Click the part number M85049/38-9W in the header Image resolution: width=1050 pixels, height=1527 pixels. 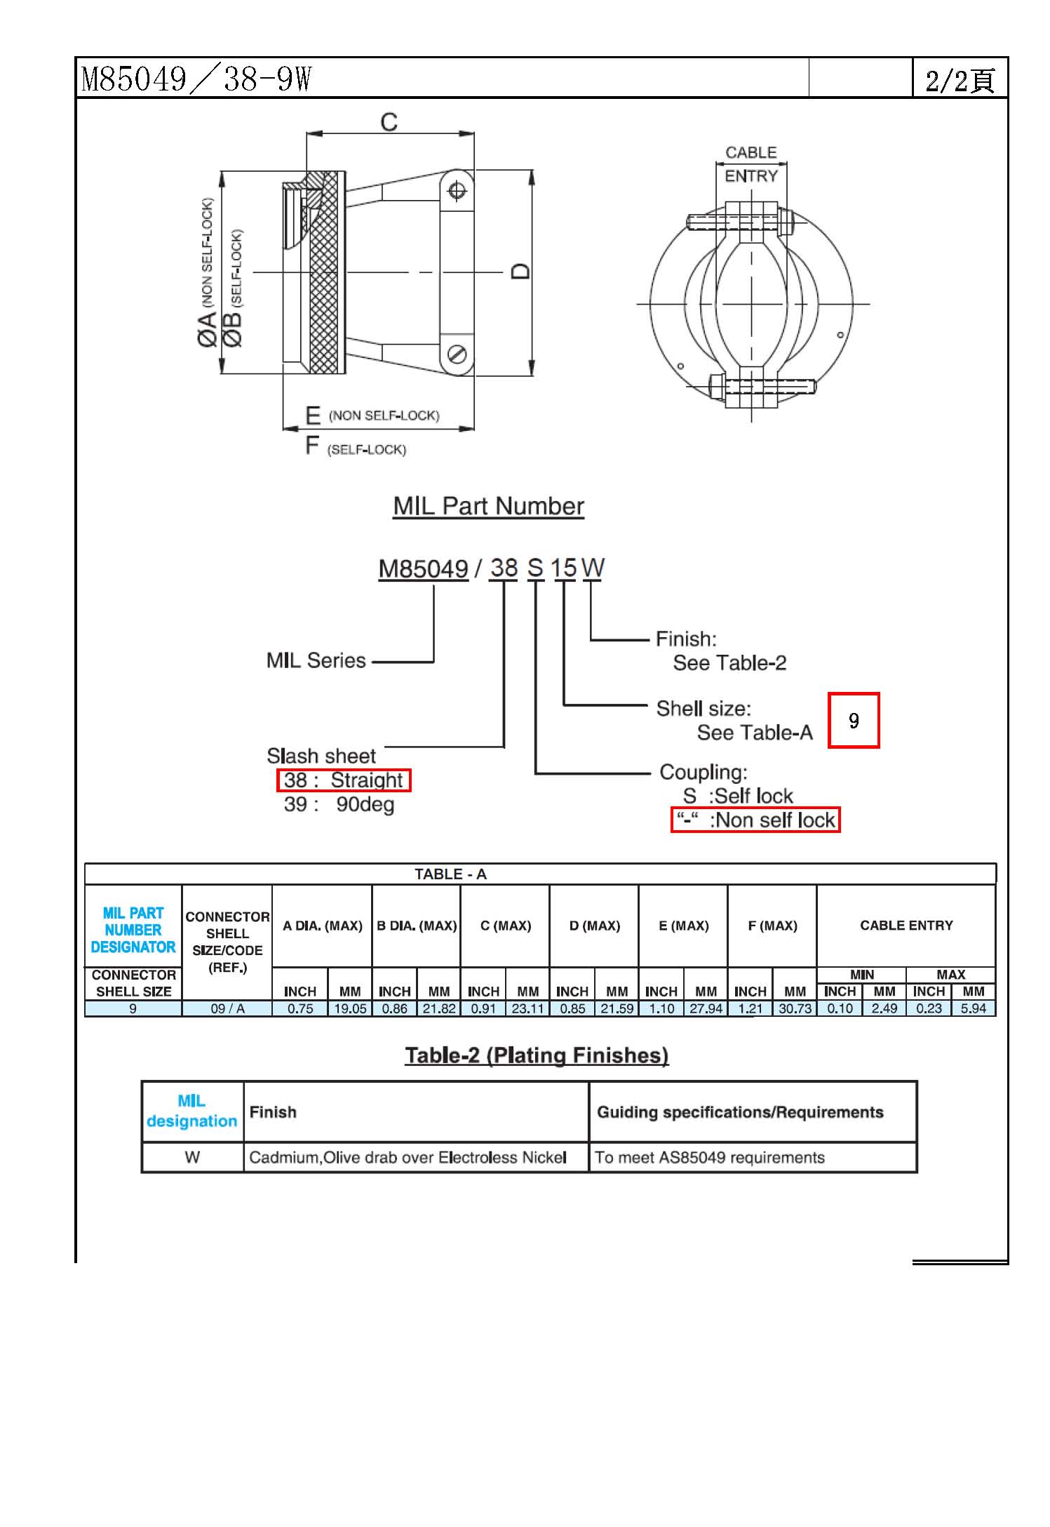(x=196, y=79)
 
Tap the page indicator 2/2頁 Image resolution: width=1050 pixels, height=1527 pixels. (x=959, y=80)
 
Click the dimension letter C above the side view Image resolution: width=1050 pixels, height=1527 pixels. (x=389, y=122)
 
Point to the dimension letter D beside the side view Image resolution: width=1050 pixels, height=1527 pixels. (x=520, y=271)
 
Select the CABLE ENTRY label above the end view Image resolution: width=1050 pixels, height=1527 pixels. (x=751, y=164)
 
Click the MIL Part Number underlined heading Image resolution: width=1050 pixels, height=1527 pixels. (x=488, y=506)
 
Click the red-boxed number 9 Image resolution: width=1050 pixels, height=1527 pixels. (x=854, y=721)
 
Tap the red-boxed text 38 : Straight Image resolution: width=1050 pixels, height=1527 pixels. (x=344, y=780)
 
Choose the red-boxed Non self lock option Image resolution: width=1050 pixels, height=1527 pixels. (x=755, y=820)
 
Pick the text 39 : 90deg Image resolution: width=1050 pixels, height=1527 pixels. (x=339, y=804)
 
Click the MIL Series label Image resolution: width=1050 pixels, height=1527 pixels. (x=316, y=660)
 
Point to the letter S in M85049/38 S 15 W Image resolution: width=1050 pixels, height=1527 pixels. (x=535, y=568)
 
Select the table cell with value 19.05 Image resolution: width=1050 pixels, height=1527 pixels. (x=350, y=1008)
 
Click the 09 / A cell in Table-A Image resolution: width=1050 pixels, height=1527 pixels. (x=227, y=1008)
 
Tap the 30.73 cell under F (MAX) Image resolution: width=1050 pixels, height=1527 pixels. (x=795, y=1008)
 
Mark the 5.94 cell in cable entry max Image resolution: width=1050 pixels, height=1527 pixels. (x=973, y=1008)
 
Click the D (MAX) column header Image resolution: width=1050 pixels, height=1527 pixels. (x=594, y=926)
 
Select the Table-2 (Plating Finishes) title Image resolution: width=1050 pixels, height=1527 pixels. (x=537, y=1055)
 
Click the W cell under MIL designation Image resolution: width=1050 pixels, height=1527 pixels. (x=192, y=1157)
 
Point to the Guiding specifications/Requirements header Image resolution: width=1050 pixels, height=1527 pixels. (x=740, y=1112)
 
